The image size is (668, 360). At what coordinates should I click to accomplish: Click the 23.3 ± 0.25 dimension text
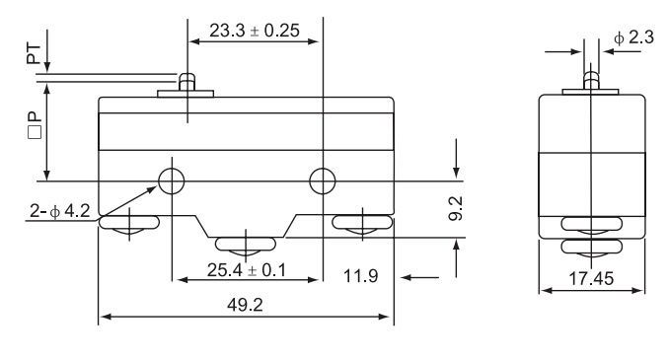pos(255,31)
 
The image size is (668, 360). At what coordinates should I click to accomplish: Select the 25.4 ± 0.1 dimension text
pos(247,270)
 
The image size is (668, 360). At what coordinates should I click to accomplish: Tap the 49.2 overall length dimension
pos(245,305)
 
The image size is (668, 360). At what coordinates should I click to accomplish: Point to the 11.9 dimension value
pos(360,276)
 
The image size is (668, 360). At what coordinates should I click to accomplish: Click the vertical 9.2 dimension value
pos(456,208)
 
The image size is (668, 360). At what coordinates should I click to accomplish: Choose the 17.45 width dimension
pos(591,278)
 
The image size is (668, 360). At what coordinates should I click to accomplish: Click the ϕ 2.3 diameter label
pos(633,37)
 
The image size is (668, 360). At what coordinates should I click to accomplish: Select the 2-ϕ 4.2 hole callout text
pos(60,211)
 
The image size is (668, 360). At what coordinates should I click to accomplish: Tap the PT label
pos(34,54)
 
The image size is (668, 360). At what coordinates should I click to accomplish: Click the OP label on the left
pos(35,125)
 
